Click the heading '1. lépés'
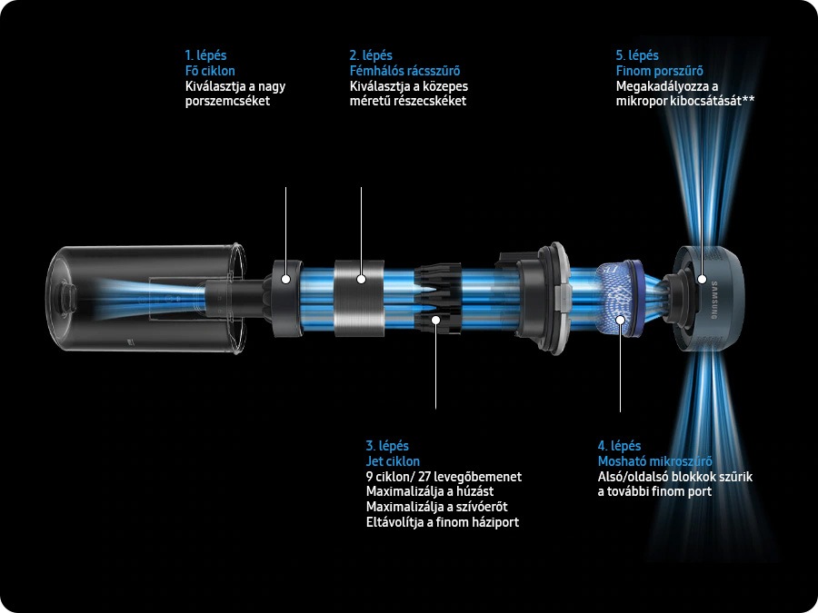(206, 55)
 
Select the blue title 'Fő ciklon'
(210, 71)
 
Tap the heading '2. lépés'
(371, 55)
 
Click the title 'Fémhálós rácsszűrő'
(404, 71)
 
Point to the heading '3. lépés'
(387, 446)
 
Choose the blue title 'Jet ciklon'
(393, 461)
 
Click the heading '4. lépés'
(619, 446)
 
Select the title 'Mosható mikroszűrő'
(654, 461)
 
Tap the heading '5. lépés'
(637, 55)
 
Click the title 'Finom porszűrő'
(660, 71)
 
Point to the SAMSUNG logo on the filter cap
(714, 300)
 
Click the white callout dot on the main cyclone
(286, 279)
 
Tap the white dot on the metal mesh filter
(361, 279)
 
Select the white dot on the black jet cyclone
(435, 319)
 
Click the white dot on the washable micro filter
(620, 319)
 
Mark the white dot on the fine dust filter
(703, 279)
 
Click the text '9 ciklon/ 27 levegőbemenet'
(444, 477)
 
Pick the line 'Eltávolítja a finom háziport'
(443, 522)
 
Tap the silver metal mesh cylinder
(359, 298)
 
